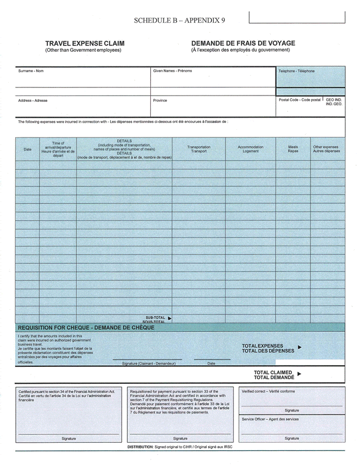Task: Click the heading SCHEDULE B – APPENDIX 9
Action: pos(179,20)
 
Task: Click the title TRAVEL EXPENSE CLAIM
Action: pos(84,44)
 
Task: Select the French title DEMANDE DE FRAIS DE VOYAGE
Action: pos(243,44)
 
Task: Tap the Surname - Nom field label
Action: pos(30,71)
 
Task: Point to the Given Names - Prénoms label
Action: pos(172,71)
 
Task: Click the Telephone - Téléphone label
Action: pos(296,71)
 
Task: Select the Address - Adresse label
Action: pos(33,100)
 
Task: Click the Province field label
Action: pos(160,100)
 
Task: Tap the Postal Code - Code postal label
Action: pos(299,100)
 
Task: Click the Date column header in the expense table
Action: pos(27,150)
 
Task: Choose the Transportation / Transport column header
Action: pos(199,149)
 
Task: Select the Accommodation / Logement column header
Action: pos(250,149)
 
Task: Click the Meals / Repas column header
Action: pos(293,149)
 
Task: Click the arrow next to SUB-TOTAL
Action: pos(170,318)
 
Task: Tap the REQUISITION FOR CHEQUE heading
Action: pos(86,327)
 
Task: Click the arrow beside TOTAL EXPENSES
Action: pos(299,347)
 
